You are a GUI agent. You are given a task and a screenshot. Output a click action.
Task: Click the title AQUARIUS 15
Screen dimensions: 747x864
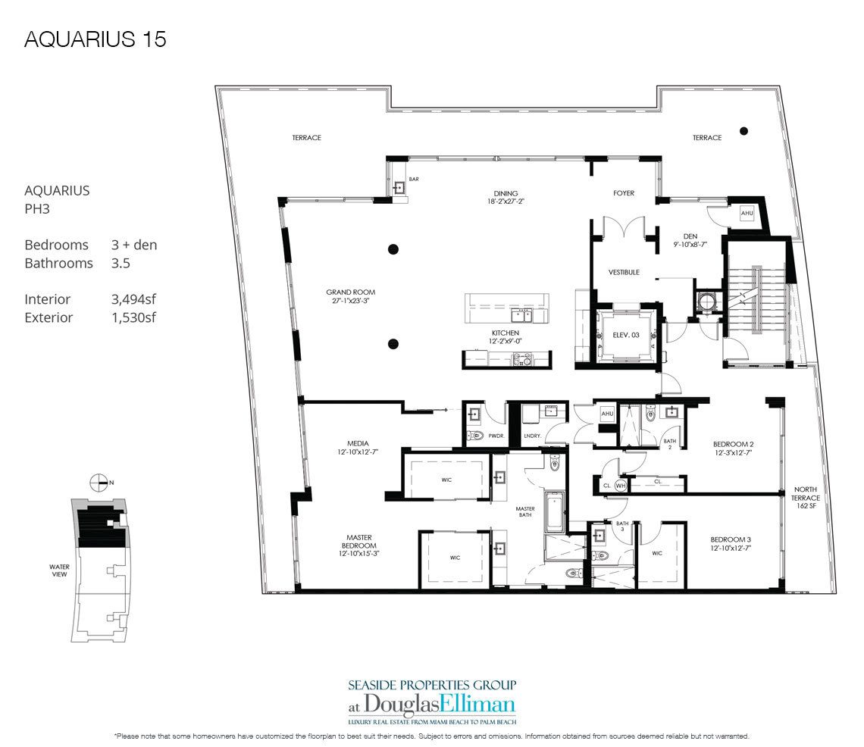click(95, 40)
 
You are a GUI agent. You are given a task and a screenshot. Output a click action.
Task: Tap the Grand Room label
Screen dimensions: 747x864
click(350, 296)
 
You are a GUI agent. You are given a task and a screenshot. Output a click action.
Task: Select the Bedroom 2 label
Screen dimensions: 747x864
click(734, 449)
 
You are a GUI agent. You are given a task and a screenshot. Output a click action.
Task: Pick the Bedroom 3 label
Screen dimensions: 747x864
click(734, 542)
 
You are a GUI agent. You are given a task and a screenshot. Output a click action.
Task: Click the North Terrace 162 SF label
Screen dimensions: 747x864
click(806, 498)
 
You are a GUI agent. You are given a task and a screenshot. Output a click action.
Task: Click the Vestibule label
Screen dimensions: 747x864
click(624, 272)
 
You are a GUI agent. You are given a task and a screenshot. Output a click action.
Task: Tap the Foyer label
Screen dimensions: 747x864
click(624, 192)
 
